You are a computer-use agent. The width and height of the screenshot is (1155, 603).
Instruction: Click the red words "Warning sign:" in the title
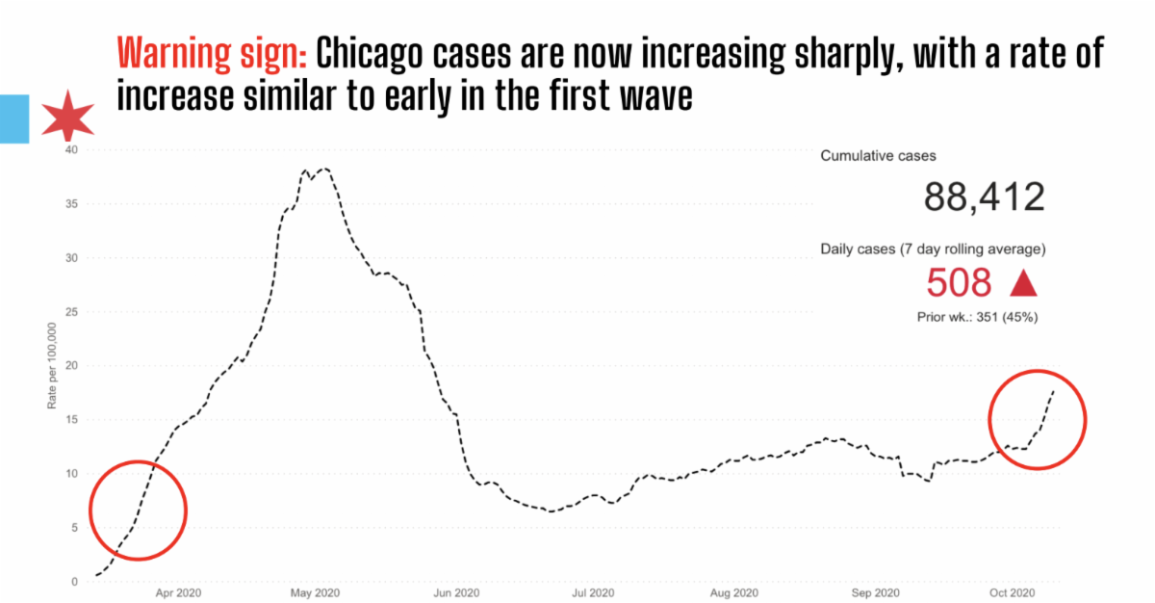click(212, 56)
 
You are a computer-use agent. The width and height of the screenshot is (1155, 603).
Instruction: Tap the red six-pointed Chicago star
click(67, 118)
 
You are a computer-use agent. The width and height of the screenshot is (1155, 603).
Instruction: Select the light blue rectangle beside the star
click(13, 118)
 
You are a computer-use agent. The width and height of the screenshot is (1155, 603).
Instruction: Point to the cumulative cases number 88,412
click(984, 197)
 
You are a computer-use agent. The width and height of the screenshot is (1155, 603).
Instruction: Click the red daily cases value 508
click(958, 283)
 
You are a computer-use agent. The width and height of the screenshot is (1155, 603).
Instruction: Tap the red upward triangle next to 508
click(1022, 283)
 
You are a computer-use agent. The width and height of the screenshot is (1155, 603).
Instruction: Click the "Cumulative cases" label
click(878, 155)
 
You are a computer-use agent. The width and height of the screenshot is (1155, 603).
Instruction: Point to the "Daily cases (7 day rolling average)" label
click(933, 249)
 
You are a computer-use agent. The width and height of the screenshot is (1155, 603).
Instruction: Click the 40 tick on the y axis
click(69, 150)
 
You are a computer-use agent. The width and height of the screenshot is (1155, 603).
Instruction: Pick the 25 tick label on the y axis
click(69, 312)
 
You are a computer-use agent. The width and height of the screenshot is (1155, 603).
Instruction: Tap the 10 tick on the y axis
click(69, 474)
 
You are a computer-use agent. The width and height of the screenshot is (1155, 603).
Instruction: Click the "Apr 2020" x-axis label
click(178, 592)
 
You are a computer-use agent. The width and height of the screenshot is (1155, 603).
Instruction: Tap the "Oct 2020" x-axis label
click(1013, 592)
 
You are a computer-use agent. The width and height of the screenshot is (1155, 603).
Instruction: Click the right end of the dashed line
click(1054, 390)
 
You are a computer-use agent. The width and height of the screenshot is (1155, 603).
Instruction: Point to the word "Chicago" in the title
click(367, 56)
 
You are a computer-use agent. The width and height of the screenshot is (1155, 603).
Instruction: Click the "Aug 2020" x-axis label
click(736, 592)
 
